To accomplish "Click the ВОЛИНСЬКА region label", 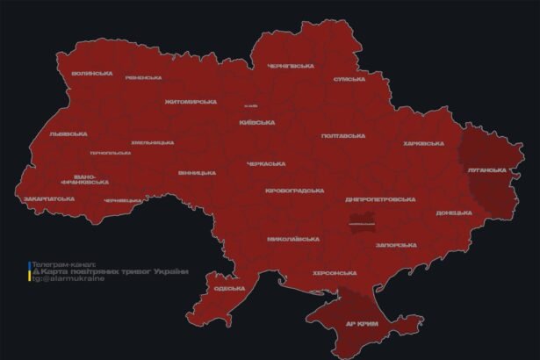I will (92, 73).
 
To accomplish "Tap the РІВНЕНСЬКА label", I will (143, 77).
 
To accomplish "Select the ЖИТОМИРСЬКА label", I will (191, 102).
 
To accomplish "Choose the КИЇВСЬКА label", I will (257, 122).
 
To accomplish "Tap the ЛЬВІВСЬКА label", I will (68, 134).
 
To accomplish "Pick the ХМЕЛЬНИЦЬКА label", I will (152, 142).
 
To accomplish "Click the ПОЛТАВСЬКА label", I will (343, 136).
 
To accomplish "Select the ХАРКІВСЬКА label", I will (423, 143).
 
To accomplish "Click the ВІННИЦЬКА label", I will (197, 173).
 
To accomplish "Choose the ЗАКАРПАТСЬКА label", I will (49, 198).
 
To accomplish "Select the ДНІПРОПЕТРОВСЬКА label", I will (380, 199).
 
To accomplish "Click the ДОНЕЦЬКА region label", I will (454, 212).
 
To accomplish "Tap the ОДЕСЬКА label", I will (229, 288).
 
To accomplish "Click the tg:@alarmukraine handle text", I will (67, 279).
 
